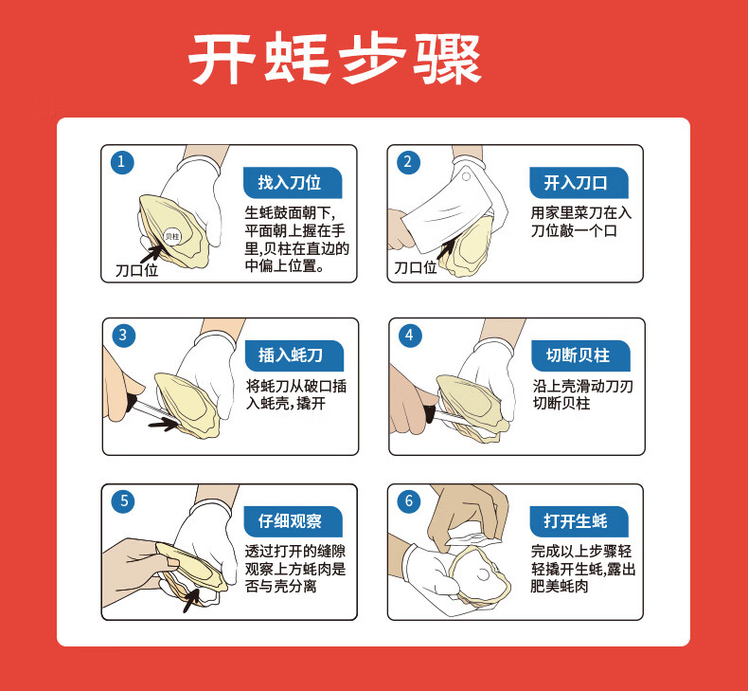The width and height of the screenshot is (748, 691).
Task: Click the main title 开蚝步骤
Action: click(x=334, y=58)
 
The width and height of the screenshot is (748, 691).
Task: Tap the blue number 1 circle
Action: click(x=122, y=162)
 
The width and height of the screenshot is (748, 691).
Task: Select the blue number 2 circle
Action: click(x=408, y=162)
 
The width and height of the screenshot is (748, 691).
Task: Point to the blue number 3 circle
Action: click(x=123, y=336)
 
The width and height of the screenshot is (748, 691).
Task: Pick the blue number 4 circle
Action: click(x=410, y=336)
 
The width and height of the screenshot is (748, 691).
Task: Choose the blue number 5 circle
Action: click(x=122, y=501)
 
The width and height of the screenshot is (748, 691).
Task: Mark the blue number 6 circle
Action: click(x=408, y=501)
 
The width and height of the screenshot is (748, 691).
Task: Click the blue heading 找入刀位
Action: click(x=293, y=183)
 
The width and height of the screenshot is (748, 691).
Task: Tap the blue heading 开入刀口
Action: click(x=579, y=183)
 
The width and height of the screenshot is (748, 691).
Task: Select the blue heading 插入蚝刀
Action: click(x=294, y=355)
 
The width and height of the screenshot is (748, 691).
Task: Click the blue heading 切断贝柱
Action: click(x=580, y=355)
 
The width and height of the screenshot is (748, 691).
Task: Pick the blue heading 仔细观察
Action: click(x=293, y=521)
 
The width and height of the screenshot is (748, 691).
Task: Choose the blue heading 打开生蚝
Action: click(x=579, y=521)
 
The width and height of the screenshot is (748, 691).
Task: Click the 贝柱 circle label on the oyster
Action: click(x=172, y=236)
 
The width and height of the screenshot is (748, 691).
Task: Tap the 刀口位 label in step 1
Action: click(x=136, y=271)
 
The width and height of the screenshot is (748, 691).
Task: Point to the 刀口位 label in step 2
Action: click(x=415, y=268)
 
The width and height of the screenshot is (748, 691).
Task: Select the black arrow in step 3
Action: click(x=163, y=424)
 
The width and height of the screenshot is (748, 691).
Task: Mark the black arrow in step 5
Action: click(x=191, y=601)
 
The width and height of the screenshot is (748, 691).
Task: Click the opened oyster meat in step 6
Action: click(x=478, y=575)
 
